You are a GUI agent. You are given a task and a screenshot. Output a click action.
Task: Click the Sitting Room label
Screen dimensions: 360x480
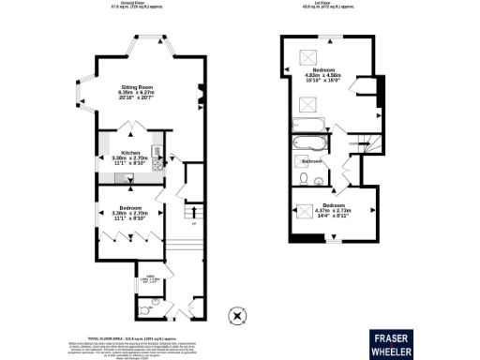(x=136, y=85)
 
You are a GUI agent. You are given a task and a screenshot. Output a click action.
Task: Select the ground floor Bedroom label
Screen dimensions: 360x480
(x=130, y=208)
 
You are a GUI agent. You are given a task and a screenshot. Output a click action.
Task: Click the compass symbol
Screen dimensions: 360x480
(x=237, y=315)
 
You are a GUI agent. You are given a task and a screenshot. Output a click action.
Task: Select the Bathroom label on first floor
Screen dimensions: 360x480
(x=312, y=161)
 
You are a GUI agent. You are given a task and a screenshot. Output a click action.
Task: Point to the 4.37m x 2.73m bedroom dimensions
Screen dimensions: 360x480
(x=335, y=210)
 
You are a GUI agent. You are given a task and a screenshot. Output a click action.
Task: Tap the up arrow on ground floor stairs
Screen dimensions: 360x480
(x=194, y=212)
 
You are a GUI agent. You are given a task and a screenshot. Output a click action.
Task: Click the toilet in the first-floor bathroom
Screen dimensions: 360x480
(x=320, y=178)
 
